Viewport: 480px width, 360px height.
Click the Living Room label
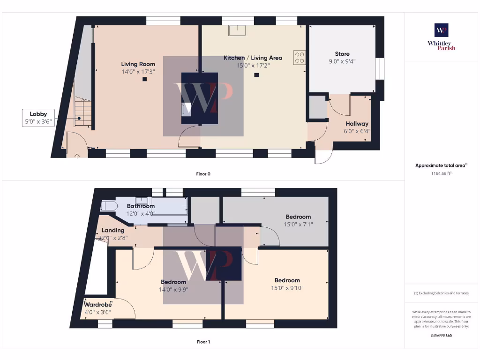(x=138, y=64)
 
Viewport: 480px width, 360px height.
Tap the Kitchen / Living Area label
(x=253, y=58)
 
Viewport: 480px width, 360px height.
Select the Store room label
(x=342, y=54)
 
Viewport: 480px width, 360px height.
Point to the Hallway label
(x=357, y=124)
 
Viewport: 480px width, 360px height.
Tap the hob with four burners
(x=299, y=57)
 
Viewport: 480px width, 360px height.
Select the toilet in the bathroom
(x=108, y=206)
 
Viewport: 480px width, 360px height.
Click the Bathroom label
(x=141, y=206)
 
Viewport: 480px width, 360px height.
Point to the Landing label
(x=113, y=230)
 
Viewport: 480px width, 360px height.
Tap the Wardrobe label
(x=97, y=305)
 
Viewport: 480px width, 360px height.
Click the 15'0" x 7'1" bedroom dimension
(x=298, y=224)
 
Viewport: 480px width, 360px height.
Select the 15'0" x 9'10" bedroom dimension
(x=287, y=288)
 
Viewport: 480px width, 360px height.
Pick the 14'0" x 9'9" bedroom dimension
(x=173, y=289)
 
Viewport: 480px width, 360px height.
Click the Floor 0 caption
(x=203, y=174)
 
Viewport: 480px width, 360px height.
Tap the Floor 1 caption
(x=203, y=342)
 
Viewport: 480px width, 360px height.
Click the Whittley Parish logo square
(x=441, y=30)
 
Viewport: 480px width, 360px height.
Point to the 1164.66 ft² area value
(x=441, y=173)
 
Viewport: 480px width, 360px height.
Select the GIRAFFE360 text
(x=441, y=336)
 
